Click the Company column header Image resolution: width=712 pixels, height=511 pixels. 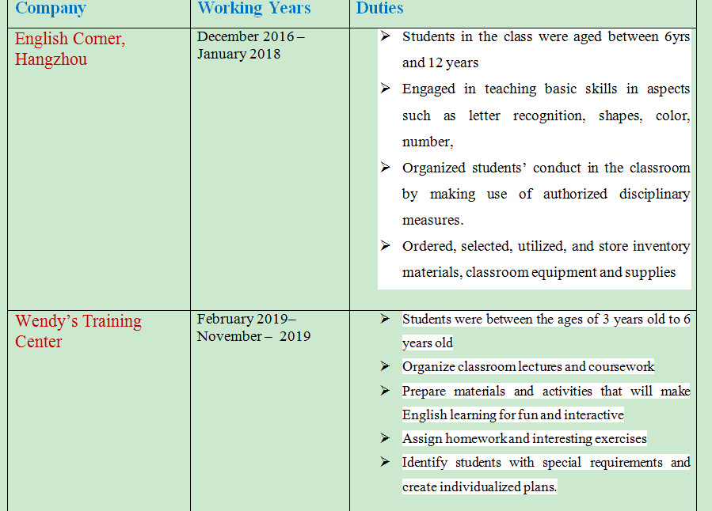(x=51, y=9)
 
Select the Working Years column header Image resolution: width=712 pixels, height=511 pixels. (x=253, y=9)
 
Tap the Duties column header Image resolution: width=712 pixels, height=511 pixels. (x=379, y=9)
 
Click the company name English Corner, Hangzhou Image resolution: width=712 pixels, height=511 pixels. (x=70, y=49)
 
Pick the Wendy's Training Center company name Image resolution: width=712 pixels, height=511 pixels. (x=78, y=331)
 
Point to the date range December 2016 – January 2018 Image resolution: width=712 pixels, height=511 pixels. (x=250, y=45)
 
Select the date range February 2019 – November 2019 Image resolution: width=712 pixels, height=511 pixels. (x=253, y=327)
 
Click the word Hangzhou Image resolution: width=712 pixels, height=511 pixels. (x=51, y=60)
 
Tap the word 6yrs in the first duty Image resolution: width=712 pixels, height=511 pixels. (x=677, y=37)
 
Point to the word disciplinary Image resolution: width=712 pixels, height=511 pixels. (x=654, y=194)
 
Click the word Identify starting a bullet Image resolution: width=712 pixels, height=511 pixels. (x=425, y=463)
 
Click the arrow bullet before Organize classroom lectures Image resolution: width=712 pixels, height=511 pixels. (x=385, y=366)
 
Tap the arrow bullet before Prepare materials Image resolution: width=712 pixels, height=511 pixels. (x=385, y=391)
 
